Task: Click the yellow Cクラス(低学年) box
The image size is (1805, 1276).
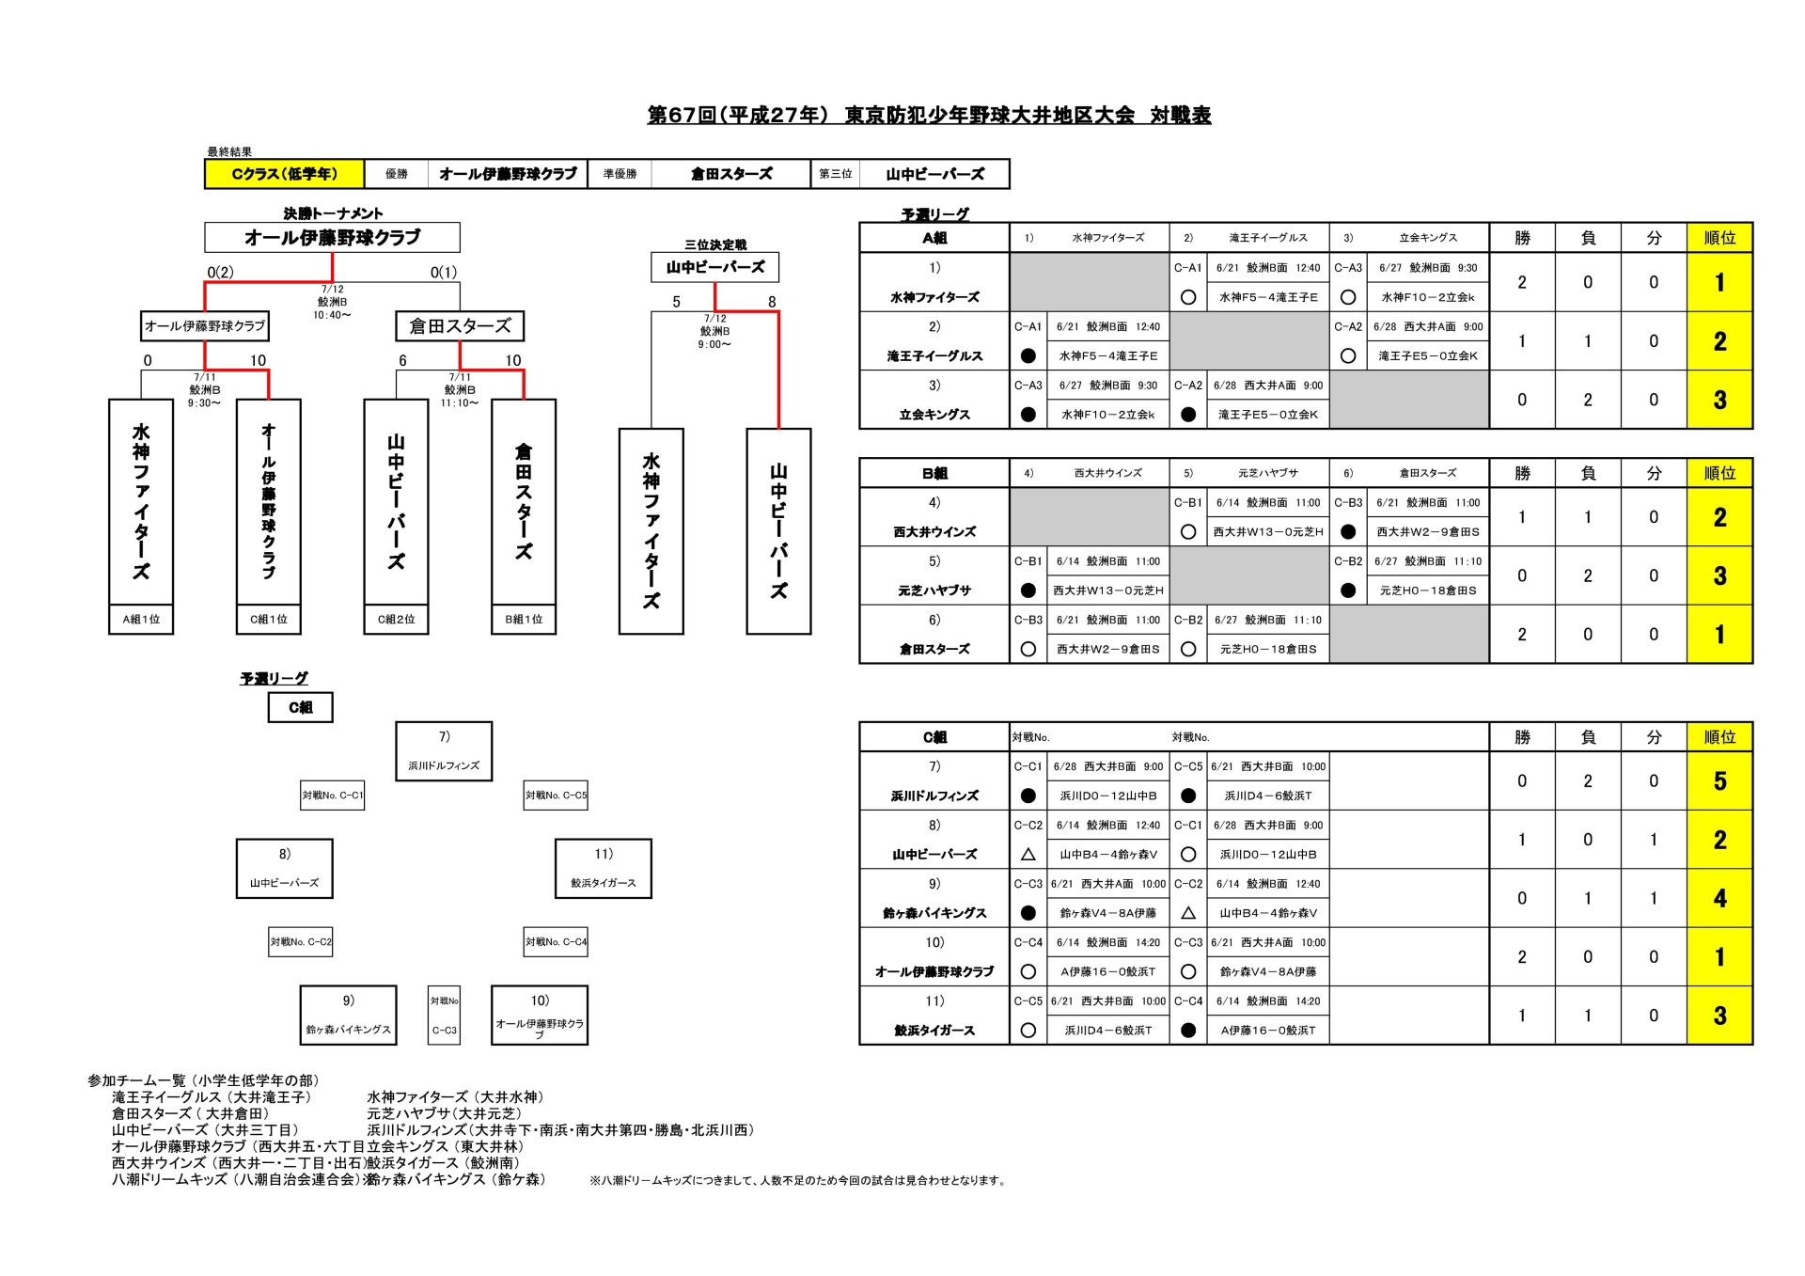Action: coord(284,174)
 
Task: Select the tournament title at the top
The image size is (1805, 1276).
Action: coord(929,116)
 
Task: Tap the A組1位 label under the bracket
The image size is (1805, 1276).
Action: coord(141,620)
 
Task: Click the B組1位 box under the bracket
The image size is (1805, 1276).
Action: coord(524,620)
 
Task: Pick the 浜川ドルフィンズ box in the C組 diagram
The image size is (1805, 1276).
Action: coord(444,751)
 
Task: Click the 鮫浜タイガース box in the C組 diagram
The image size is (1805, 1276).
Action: coord(604,869)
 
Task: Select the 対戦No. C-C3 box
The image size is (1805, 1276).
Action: coord(445,1016)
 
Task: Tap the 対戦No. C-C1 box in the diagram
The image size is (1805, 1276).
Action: coord(333,796)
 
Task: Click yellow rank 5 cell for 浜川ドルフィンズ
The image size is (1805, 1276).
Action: coord(1719,781)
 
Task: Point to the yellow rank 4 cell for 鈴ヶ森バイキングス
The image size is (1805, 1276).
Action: coord(1719,899)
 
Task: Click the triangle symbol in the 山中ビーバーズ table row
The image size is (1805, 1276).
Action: coord(1028,855)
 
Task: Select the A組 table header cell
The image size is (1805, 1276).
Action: coord(934,238)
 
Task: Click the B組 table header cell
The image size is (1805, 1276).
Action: coord(934,473)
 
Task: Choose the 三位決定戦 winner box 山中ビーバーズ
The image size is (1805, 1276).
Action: coord(715,267)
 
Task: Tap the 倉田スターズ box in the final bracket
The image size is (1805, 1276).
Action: coord(460,326)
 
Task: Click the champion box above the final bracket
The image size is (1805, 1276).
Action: coord(333,238)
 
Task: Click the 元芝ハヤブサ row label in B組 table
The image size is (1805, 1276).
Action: coord(934,591)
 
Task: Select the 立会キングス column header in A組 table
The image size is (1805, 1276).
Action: coord(1428,238)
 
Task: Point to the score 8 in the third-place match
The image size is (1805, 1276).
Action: coord(772,302)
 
